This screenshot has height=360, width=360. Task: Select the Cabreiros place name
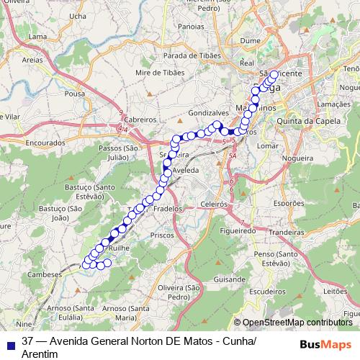pos(140,120)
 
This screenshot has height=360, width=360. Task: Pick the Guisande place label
pos(229,278)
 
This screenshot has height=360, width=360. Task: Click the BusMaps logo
pos(326,343)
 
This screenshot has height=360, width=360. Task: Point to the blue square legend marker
pos(9,343)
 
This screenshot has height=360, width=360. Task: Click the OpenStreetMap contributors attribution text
pos(297,323)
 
